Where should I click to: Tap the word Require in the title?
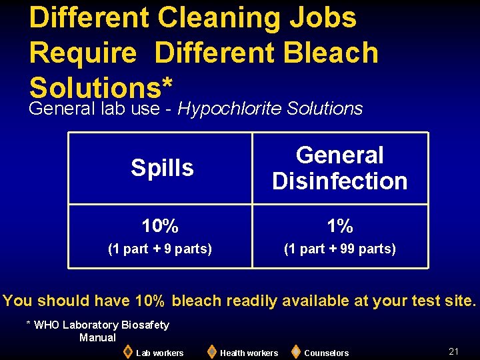point(82,53)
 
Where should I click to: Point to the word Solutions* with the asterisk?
point(102,87)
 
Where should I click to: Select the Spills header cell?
point(162,168)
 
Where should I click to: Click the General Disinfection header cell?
point(340,168)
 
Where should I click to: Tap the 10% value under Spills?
point(160,227)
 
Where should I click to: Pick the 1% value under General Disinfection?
point(340,227)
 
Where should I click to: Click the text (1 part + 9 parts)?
point(160,249)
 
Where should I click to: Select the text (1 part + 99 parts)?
point(340,249)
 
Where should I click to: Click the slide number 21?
point(454,351)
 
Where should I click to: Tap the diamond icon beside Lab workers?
point(127,351)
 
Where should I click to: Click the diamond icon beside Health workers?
point(211,351)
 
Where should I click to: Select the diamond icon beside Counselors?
point(295,351)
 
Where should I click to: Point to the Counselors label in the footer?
point(326,353)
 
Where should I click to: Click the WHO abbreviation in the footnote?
point(47,325)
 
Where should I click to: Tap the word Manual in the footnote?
point(97,337)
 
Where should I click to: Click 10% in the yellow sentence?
point(149,301)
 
